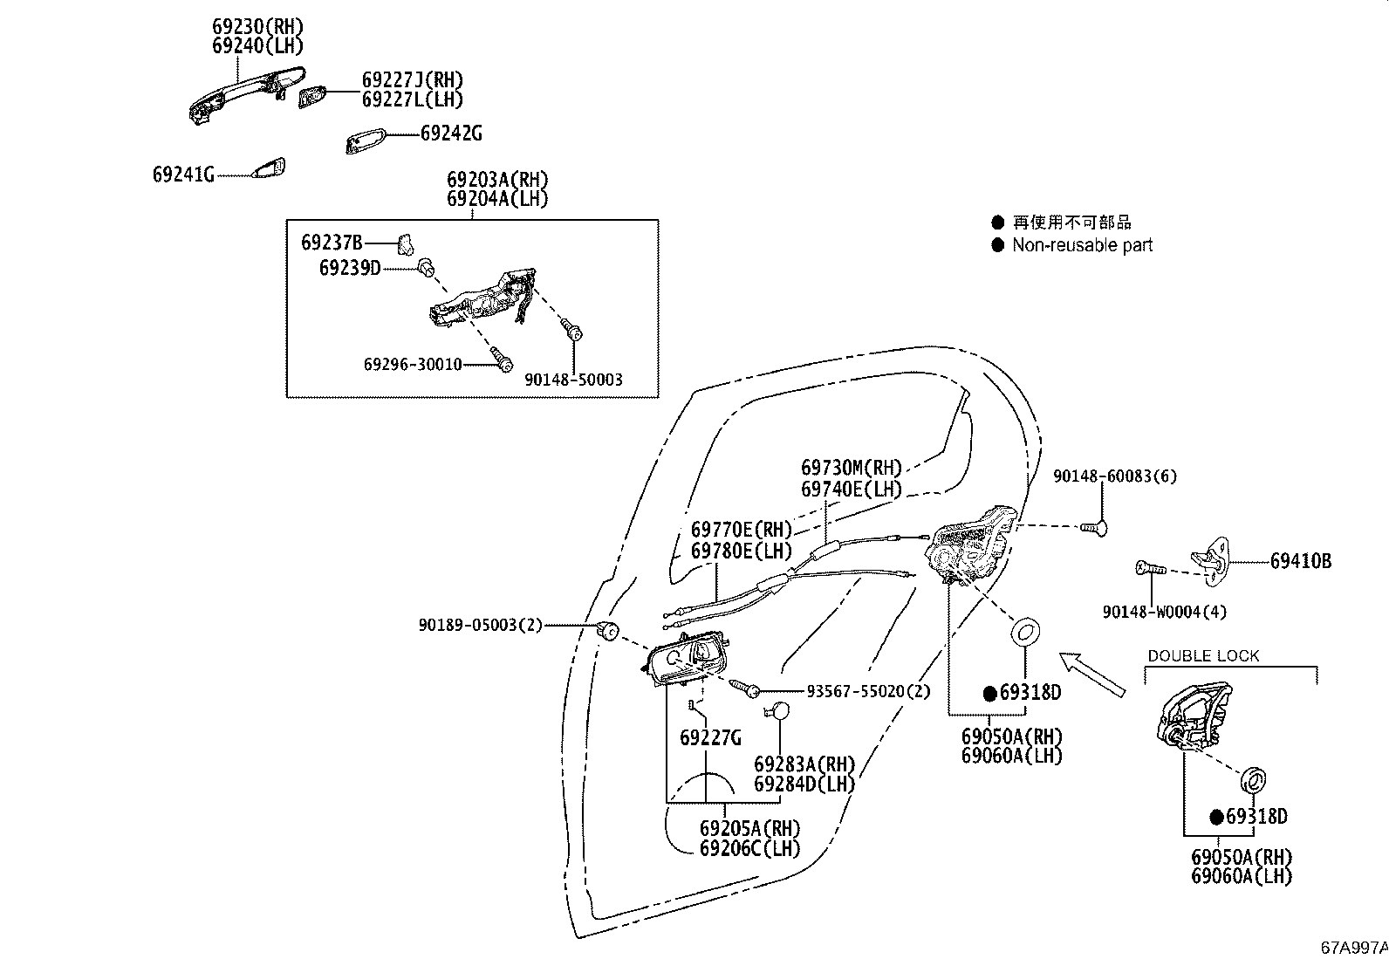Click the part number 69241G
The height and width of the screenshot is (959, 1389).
pyautogui.click(x=183, y=175)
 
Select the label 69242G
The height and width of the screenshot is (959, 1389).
pyautogui.click(x=451, y=134)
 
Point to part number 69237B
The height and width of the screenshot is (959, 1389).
pyautogui.click(x=332, y=242)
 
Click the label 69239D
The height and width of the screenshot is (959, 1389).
pyautogui.click(x=350, y=267)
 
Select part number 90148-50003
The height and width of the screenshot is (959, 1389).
pyautogui.click(x=573, y=380)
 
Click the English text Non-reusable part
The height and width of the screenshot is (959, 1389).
pyautogui.click(x=1082, y=245)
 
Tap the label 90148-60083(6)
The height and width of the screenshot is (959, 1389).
pyautogui.click(x=1115, y=476)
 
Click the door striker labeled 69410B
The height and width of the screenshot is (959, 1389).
pyautogui.click(x=1214, y=556)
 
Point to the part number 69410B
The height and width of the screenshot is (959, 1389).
pyautogui.click(x=1300, y=561)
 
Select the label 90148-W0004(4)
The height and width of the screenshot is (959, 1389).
pyautogui.click(x=1164, y=612)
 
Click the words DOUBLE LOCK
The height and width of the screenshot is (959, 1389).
pyautogui.click(x=1203, y=655)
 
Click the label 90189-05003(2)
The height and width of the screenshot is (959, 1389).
pyautogui.click(x=481, y=625)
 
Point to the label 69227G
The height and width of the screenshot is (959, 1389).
pyautogui.click(x=710, y=738)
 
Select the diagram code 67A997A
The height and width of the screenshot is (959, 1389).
pyautogui.click(x=1353, y=947)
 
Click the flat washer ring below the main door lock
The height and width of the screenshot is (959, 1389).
pyautogui.click(x=1025, y=631)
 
